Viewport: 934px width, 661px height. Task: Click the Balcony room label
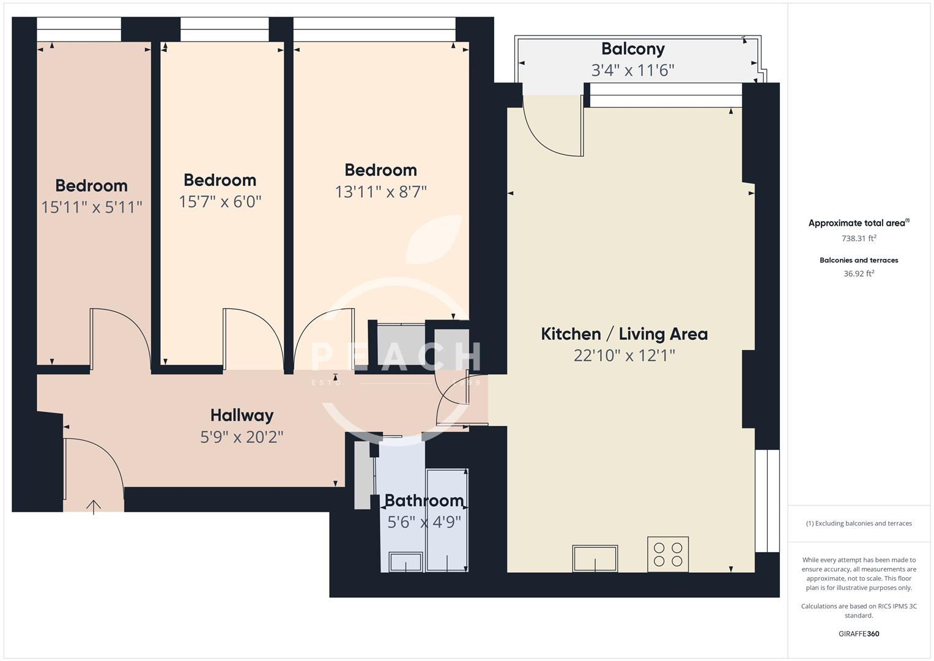tap(632, 49)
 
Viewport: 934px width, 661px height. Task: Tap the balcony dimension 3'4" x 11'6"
tap(632, 70)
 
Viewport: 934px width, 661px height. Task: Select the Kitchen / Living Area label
tap(624, 334)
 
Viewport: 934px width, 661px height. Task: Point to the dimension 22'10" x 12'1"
tap(624, 356)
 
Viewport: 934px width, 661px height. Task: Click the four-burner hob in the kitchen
tap(668, 554)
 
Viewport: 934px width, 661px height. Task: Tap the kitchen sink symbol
tap(595, 558)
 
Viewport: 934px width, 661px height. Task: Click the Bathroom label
tap(424, 501)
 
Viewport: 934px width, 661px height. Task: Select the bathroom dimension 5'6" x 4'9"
tap(424, 522)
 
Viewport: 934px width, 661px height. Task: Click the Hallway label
tap(242, 416)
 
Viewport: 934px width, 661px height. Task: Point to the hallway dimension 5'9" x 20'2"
tap(242, 437)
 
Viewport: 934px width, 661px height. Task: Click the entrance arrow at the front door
tap(94, 507)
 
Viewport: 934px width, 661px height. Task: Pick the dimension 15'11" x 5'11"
tap(92, 207)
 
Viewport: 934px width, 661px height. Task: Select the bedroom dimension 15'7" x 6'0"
tap(220, 202)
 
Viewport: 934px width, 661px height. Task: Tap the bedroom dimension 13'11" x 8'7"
tap(380, 192)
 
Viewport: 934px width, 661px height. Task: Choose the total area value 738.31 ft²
tap(859, 239)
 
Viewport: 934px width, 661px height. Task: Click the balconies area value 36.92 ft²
tap(859, 274)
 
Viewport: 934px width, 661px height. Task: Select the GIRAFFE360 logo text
tap(859, 633)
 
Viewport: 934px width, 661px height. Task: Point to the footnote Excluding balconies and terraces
tap(859, 523)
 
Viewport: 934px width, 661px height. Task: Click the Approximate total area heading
tap(859, 223)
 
